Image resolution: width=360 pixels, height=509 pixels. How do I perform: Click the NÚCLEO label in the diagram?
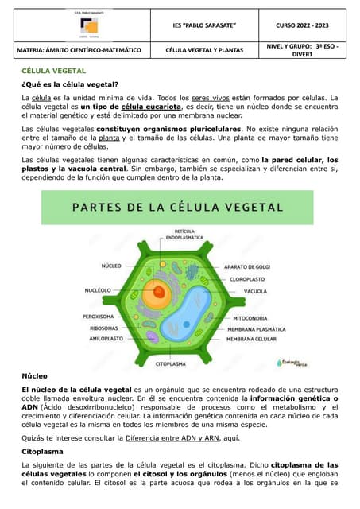click(x=111, y=265)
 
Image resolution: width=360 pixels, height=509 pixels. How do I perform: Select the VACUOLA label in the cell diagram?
click(x=255, y=291)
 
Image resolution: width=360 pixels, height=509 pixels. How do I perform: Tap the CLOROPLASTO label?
click(x=248, y=279)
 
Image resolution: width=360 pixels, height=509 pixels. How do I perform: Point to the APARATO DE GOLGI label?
click(x=246, y=266)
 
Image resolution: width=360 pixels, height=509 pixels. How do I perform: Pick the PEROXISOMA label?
click(x=99, y=316)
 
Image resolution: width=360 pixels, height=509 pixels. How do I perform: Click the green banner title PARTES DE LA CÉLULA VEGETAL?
click(x=180, y=208)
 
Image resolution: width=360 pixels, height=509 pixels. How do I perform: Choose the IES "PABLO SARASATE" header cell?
click(x=210, y=25)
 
